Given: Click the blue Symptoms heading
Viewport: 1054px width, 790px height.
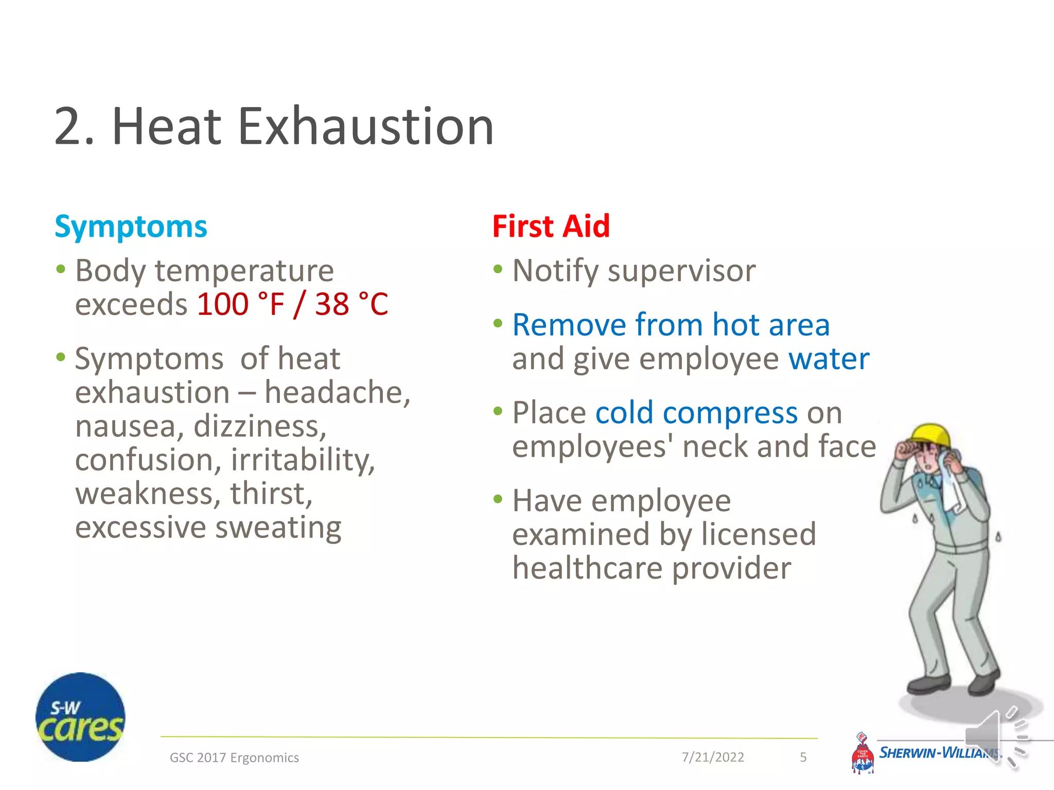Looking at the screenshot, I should [x=131, y=227].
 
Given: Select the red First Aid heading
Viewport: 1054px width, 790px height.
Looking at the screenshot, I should [x=551, y=226].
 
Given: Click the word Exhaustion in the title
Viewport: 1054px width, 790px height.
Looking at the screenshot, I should [x=365, y=127].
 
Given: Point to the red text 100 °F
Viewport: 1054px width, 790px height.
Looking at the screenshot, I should [x=240, y=304].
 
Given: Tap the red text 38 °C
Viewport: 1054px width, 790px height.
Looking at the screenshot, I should [x=352, y=304].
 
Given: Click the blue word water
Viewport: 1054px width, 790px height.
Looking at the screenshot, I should [x=829, y=358].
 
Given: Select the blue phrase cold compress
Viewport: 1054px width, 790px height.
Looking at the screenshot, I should [x=696, y=413].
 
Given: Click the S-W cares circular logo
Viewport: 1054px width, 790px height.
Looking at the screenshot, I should [x=80, y=717].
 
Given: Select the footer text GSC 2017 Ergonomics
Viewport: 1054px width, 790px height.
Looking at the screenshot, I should [x=234, y=758].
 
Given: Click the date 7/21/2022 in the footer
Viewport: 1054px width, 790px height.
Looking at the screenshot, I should [x=713, y=757].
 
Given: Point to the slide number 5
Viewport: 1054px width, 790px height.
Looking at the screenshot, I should [x=803, y=757].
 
